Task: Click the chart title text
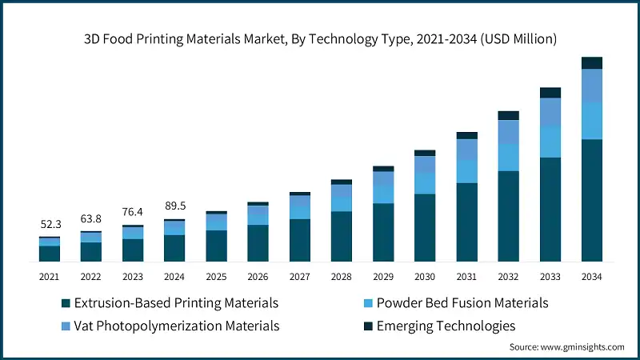320,38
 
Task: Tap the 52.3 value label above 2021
50,226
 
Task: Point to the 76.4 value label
133,212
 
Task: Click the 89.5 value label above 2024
174,206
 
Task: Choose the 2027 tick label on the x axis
299,276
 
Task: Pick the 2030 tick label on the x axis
424,276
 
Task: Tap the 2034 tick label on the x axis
591,276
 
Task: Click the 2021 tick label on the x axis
50,276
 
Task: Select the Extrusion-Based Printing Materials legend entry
176,303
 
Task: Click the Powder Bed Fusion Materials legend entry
462,303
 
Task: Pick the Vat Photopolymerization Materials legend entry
177,326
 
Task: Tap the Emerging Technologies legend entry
446,326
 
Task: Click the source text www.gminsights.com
567,347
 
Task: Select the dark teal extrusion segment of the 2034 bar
591,200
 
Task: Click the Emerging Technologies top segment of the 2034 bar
591,63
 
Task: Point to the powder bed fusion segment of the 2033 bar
550,142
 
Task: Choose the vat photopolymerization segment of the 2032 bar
508,132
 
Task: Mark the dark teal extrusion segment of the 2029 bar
383,232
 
